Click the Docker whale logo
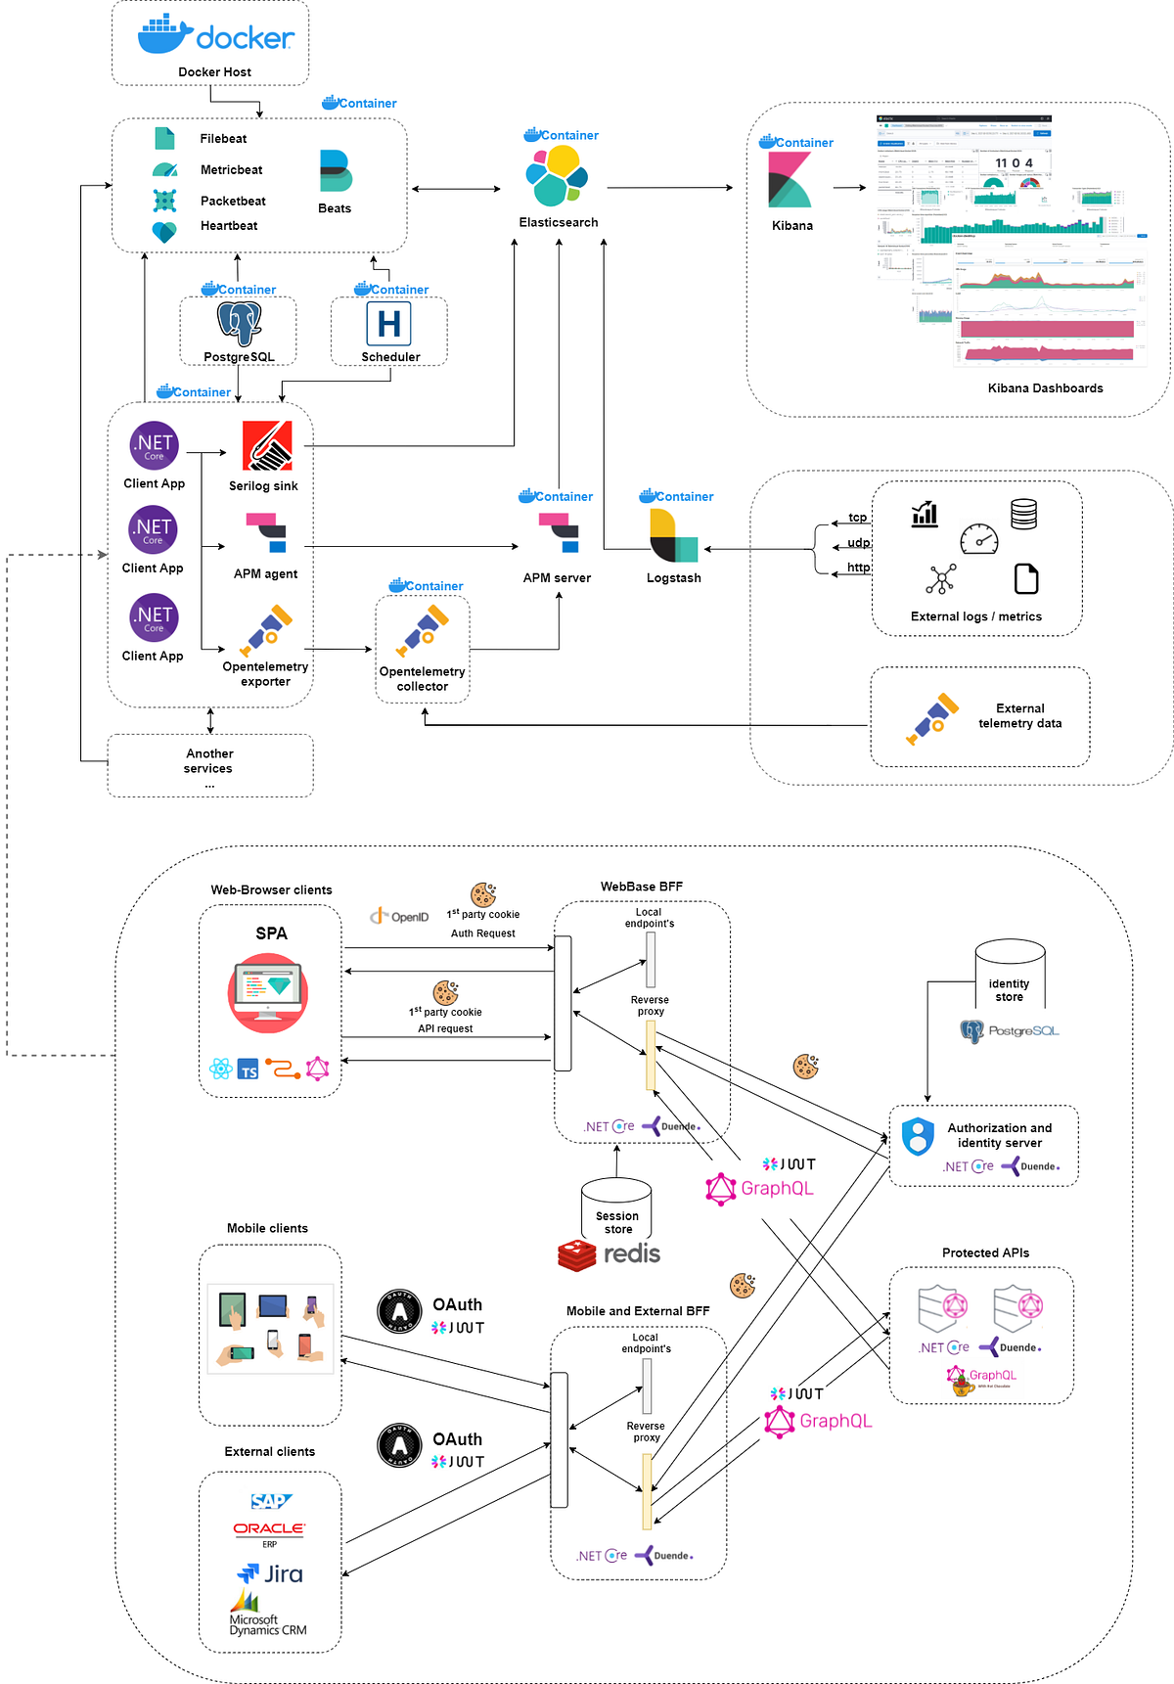pos(164,35)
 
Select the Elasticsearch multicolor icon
pos(557,175)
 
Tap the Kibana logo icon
pos(790,180)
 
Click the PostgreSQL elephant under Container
pos(239,324)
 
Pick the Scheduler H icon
pos(388,323)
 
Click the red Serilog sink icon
pos(267,446)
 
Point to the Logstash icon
pos(673,536)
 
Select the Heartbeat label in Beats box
pos(229,226)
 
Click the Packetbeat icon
pos(164,201)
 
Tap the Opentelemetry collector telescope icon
pos(423,631)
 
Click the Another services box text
pos(209,761)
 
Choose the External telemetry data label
pos(1019,716)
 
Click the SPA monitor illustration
pos(268,994)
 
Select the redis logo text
pos(631,1253)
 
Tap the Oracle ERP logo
pos(269,1531)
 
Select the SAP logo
pos(270,1501)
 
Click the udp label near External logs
pos(858,543)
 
